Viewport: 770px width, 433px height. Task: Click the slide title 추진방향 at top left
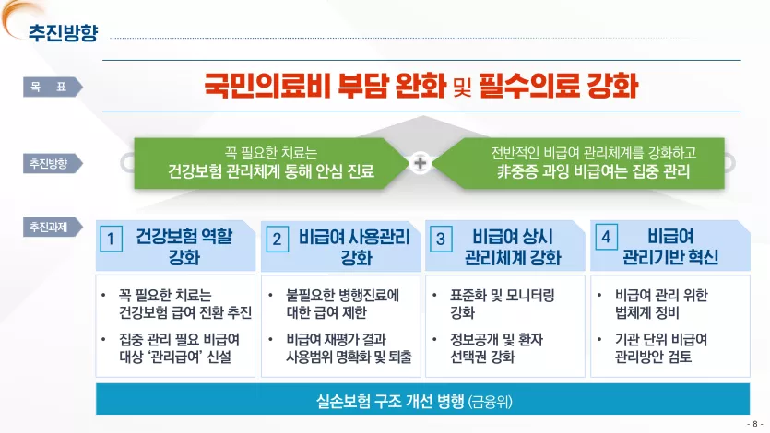63,33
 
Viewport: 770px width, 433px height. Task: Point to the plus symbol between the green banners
421,163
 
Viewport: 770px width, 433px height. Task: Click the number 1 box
111,239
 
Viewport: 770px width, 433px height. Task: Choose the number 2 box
277,239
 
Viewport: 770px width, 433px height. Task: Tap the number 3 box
441,239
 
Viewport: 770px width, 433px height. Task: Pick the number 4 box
606,238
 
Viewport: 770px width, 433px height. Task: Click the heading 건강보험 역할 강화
184,247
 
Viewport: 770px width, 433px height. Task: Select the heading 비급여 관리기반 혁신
670,247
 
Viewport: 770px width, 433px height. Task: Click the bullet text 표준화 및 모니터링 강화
503,304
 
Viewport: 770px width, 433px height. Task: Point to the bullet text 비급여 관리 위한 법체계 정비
661,304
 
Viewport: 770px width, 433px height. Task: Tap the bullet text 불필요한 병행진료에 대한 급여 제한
343,304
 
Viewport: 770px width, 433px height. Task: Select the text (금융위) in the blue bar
490,402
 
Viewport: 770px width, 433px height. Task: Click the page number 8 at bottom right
754,424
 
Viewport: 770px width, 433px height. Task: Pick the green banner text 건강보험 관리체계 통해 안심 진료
271,171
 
